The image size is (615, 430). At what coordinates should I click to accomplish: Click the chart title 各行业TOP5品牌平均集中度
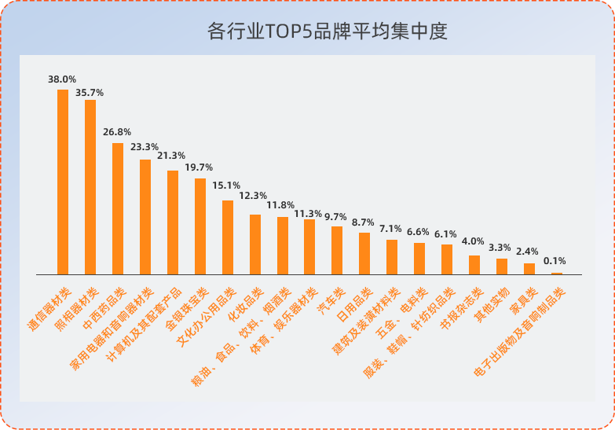pos(327,31)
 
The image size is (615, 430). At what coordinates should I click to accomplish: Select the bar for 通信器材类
pos(63,182)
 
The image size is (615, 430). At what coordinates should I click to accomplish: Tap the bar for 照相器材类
pos(90,187)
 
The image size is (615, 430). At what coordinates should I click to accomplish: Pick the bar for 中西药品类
pos(118,208)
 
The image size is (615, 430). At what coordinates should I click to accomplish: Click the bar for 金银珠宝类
pos(200,226)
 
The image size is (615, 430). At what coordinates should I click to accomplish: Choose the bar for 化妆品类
pos(255,244)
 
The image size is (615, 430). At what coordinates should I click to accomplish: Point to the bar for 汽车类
pos(337,250)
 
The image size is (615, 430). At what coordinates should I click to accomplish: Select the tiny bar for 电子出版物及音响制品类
pos(557,274)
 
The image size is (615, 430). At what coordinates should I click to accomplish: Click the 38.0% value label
pos(62,79)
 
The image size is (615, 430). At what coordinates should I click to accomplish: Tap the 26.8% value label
pos(117,132)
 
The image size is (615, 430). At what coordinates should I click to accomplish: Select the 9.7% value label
pos(335,216)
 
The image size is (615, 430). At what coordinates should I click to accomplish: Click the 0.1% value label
pos(555,261)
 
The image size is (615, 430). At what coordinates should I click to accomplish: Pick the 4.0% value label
pos(473,241)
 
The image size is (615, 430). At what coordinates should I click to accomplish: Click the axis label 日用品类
pos(353,297)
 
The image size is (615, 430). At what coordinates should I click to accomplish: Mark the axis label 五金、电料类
pos(401,311)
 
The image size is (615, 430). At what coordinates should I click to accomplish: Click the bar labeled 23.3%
pos(145,217)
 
